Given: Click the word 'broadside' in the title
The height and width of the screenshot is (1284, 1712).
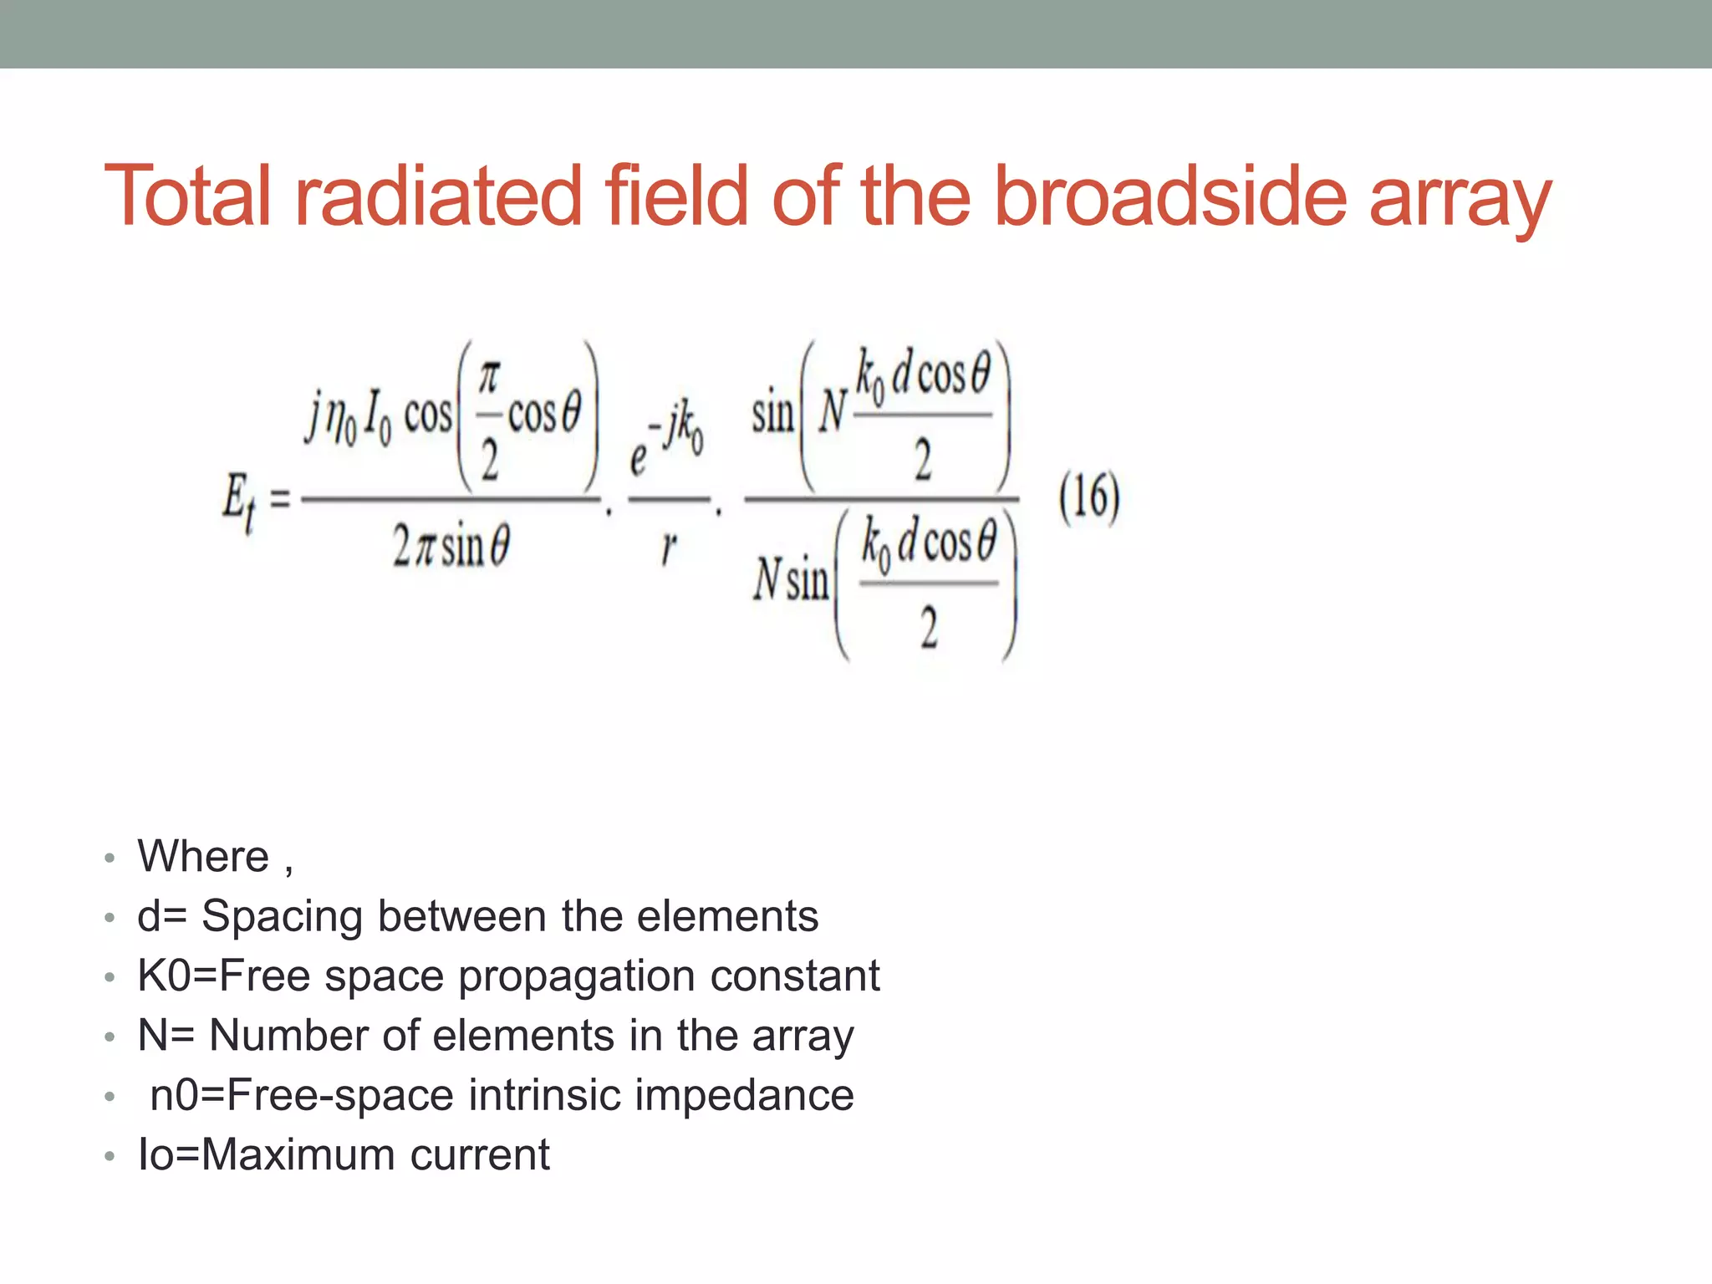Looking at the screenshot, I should pos(1170,196).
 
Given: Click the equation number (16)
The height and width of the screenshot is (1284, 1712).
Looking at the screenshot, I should pos(1089,497).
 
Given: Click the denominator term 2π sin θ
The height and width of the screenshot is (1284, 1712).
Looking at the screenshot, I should pos(451,548).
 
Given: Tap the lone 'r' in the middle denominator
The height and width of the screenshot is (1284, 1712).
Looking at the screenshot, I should pos(668,548).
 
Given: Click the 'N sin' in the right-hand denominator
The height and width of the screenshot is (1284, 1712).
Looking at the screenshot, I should pos(791,579).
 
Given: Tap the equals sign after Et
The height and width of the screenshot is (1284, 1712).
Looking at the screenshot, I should pos(280,500).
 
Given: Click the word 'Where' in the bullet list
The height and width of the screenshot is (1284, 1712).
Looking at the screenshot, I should pos(203,857).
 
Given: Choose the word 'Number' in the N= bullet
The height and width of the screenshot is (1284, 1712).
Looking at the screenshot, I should pos(288,1036).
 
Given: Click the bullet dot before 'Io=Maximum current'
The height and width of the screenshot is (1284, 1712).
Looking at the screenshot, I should pos(110,1157).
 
